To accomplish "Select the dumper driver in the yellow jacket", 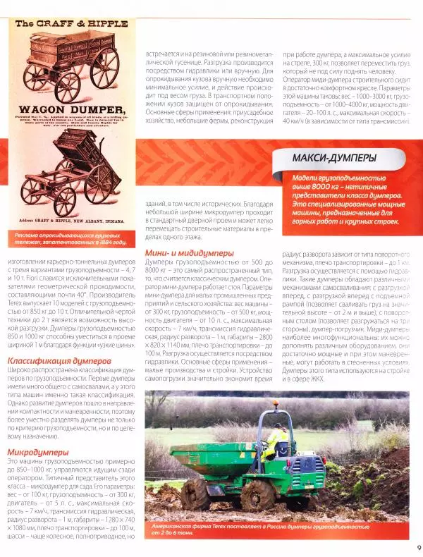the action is click(x=276, y=443).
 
